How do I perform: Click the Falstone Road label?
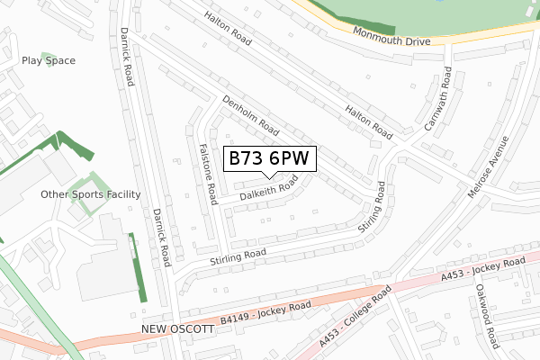[x=205, y=173]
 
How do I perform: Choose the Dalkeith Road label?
[x=268, y=188]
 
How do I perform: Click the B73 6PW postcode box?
[x=268, y=158]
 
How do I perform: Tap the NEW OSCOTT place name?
[x=178, y=329]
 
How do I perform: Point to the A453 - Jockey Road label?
[x=482, y=269]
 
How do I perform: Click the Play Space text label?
[x=49, y=60]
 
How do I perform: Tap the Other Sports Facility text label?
[x=91, y=193]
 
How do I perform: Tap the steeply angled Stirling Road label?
[x=372, y=209]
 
